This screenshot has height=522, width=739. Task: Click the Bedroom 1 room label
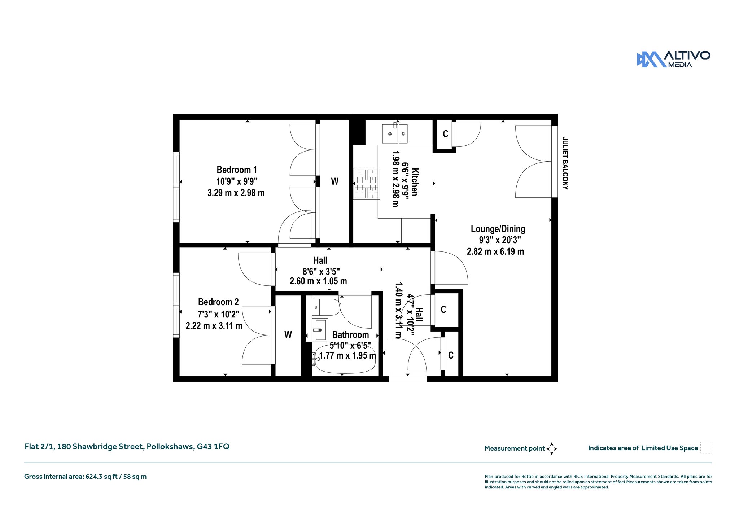coord(237,170)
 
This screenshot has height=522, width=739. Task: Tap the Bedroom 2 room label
coord(218,302)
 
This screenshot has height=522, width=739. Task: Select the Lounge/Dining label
coord(498,229)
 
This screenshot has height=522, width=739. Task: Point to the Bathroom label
coord(350,335)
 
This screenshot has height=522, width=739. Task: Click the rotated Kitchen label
coord(415,182)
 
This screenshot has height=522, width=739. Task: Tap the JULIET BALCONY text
coord(565,163)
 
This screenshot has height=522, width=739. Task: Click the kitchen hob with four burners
coord(367,184)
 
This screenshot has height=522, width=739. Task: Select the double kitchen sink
coord(395,133)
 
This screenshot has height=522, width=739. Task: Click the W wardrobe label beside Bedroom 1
coord(335,181)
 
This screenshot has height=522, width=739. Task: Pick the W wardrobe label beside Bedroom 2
coord(288,335)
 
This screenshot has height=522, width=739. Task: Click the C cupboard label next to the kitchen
coord(446,134)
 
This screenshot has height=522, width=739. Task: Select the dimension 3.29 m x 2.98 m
coord(236,193)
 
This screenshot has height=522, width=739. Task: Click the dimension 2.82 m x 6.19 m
coord(495,251)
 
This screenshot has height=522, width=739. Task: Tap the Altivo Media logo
coord(673,60)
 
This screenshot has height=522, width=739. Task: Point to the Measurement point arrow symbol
coord(552,449)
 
